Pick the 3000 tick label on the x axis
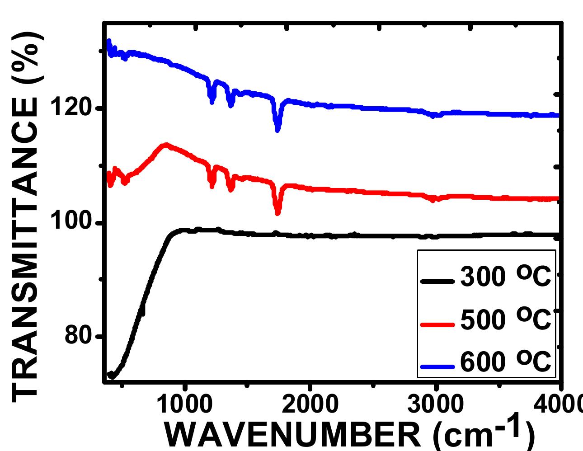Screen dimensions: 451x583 (x=435, y=404)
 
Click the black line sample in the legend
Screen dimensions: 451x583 (x=437, y=281)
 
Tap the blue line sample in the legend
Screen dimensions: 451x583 (x=437, y=366)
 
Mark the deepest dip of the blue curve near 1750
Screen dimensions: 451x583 (x=277, y=130)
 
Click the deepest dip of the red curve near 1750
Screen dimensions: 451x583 (x=277, y=213)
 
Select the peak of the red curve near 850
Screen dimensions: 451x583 (x=166, y=145)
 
